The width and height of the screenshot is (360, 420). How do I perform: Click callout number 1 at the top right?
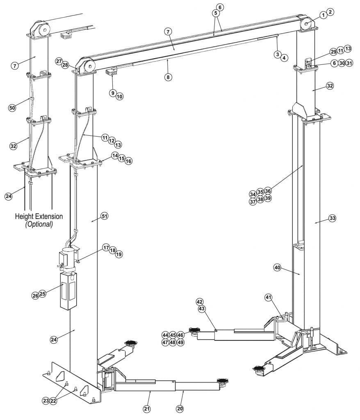pyautogui.click(x=324, y=15)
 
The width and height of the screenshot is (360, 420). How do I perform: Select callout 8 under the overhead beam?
pyautogui.click(x=168, y=77)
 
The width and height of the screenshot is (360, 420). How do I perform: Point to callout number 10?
pyautogui.click(x=119, y=97)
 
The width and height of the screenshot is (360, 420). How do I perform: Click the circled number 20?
pyautogui.click(x=180, y=409)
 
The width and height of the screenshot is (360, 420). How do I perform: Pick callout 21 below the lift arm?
pyautogui.click(x=147, y=409)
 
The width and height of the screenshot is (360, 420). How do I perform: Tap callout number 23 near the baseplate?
pyautogui.click(x=46, y=401)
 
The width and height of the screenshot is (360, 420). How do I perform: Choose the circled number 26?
pyautogui.click(x=35, y=295)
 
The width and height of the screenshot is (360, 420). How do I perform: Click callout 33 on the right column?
pyautogui.click(x=332, y=218)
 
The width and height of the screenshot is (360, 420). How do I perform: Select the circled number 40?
pyautogui.click(x=277, y=267)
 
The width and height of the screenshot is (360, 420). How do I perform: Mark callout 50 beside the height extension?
pyautogui.click(x=12, y=108)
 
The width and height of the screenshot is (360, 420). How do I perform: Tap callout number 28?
pyautogui.click(x=65, y=65)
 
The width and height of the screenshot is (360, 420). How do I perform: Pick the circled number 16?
pyautogui.click(x=129, y=161)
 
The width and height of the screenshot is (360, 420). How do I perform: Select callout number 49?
pyautogui.click(x=180, y=342)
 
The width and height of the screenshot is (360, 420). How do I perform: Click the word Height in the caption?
pyautogui.click(x=25, y=216)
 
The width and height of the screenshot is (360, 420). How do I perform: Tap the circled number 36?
pyautogui.click(x=268, y=191)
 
